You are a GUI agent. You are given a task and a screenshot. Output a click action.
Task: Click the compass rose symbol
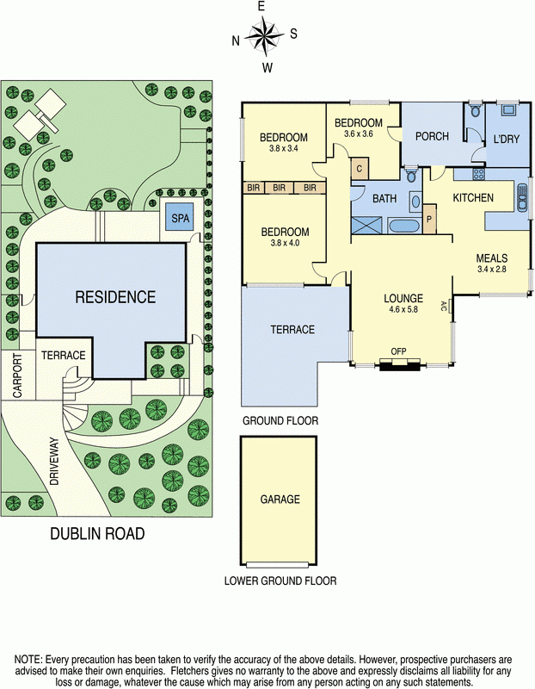click(x=264, y=36)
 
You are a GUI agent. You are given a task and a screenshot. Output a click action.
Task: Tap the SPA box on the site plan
click(x=180, y=218)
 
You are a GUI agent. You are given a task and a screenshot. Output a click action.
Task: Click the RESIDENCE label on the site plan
click(x=115, y=297)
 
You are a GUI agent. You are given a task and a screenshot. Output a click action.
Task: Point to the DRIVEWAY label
click(x=54, y=462)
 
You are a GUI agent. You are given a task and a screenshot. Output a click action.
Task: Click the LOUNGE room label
click(x=403, y=299)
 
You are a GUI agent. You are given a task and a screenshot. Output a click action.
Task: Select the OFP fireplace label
click(x=399, y=351)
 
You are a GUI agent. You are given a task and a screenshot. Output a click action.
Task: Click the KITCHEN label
click(x=473, y=198)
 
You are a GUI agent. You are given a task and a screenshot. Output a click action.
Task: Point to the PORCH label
click(x=433, y=137)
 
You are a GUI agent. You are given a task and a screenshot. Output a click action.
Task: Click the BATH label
click(x=384, y=199)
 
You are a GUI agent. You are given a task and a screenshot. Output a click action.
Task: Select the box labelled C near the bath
click(x=359, y=169)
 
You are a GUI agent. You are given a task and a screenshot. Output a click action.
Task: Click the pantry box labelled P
click(x=429, y=219)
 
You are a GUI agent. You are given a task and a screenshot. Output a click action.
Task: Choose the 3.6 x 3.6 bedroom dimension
click(x=358, y=134)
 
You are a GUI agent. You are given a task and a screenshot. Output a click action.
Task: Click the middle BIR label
click(x=279, y=188)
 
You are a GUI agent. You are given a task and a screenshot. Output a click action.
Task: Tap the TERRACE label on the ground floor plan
click(x=292, y=330)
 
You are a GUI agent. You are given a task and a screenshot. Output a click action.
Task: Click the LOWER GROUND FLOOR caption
click(x=280, y=580)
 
